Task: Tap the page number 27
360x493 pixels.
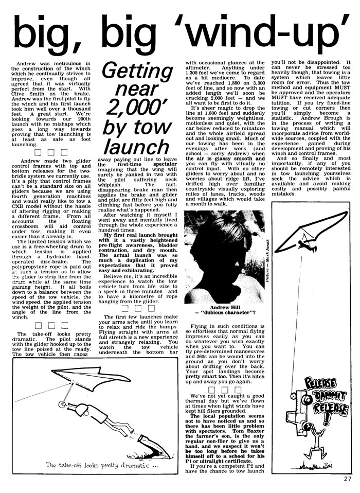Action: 348,479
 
